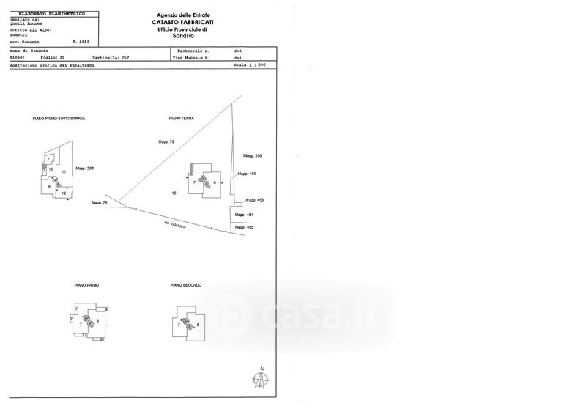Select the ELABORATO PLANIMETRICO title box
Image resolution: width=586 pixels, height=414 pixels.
pyautogui.click(x=51, y=14)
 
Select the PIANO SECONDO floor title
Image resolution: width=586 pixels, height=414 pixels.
pyautogui.click(x=186, y=284)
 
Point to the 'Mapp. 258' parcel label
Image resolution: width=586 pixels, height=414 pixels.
pyautogui.click(x=252, y=156)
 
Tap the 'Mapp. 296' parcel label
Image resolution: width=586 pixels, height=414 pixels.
pyautogui.click(x=86, y=168)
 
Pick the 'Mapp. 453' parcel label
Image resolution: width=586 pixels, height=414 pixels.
pyautogui.click(x=254, y=200)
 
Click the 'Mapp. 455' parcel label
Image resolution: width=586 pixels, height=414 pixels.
pyautogui.click(x=244, y=228)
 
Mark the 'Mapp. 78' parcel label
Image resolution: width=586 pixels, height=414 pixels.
pyautogui.click(x=100, y=202)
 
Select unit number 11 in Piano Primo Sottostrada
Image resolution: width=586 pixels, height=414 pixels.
pyautogui.click(x=64, y=171)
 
